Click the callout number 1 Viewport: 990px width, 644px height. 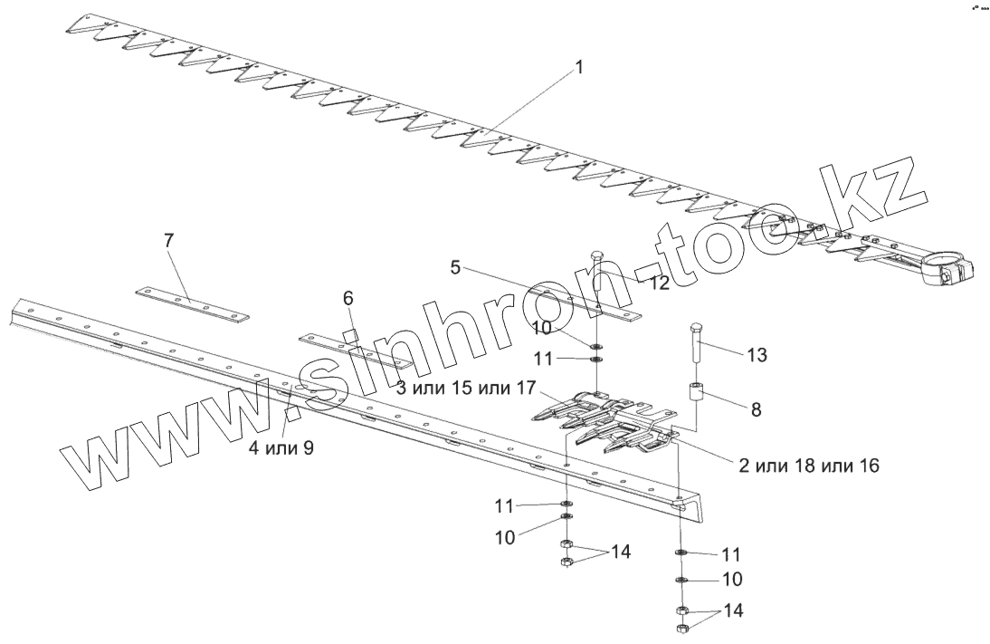[579, 68]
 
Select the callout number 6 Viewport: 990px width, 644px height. [348, 298]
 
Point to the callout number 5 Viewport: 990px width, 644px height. [456, 267]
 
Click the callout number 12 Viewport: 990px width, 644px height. [659, 283]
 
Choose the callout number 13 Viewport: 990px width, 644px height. [757, 356]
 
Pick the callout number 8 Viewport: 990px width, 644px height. [755, 409]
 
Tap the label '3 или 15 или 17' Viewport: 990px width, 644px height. [468, 389]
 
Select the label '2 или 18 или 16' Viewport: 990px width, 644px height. [809, 466]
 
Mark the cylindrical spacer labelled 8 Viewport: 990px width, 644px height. [696, 396]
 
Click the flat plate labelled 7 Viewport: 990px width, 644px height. [193, 303]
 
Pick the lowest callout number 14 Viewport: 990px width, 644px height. [735, 611]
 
